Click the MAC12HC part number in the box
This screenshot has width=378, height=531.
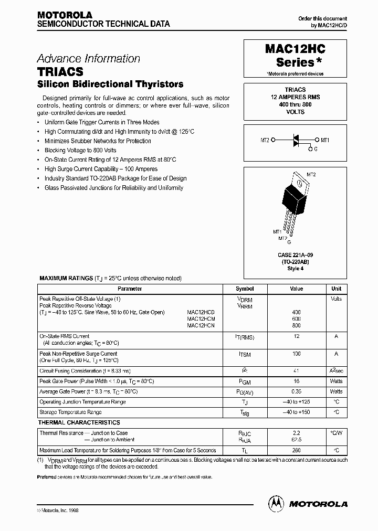tap(296, 49)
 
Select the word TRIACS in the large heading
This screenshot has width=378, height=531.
tap(60, 72)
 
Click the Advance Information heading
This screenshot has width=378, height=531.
tap(88, 59)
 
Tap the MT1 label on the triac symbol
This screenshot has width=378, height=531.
tap(325, 140)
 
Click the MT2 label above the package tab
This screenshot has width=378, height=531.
tap(311, 174)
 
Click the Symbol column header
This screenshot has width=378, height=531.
tap(245, 289)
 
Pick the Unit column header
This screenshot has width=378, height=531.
tap(337, 289)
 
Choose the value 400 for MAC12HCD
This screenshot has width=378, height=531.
tap(296, 312)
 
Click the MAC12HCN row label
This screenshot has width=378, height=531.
tap(201, 325)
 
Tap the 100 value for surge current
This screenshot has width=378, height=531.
tap(296, 354)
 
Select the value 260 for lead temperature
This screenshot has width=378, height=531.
tap(296, 450)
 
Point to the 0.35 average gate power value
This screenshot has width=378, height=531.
tap(296, 391)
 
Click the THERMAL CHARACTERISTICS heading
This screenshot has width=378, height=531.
tap(79, 422)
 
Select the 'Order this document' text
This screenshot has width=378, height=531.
tap(323, 18)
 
